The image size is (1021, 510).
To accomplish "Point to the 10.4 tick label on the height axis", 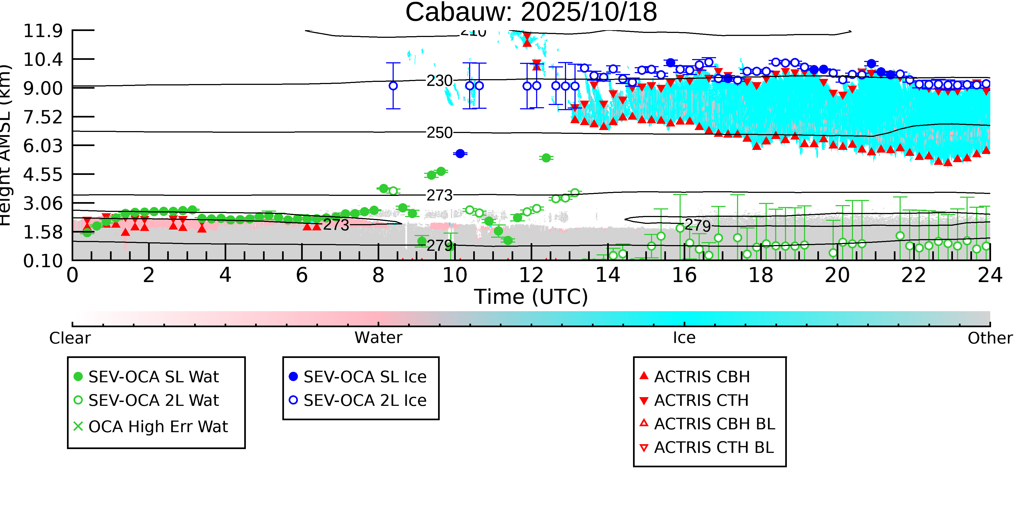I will pos(43,60).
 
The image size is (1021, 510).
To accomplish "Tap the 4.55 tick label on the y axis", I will pos(43,175).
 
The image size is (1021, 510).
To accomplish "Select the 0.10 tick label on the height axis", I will pos(43,261).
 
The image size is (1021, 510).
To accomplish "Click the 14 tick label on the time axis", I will pos(608,275).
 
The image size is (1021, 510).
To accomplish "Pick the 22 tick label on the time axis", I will pos(913,275).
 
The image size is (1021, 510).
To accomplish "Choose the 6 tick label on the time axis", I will pos(302,275).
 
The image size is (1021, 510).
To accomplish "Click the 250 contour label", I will pos(439,133).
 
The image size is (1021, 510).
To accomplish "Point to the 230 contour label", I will pos(439,81).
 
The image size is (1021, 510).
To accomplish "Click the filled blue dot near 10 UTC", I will pos(460,154).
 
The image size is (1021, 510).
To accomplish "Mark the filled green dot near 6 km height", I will pos(546,158).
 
